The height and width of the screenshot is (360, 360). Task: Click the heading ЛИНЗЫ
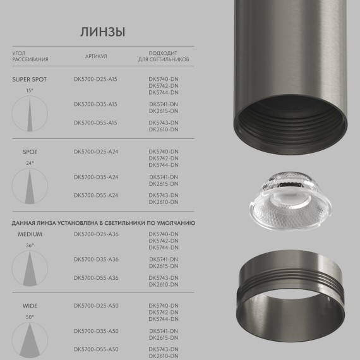point(102,32)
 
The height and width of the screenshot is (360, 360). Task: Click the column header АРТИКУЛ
point(96,56)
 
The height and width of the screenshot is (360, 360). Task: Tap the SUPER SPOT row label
point(30,80)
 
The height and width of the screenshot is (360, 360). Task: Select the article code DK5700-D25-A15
point(96,79)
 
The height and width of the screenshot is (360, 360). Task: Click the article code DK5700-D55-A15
point(96,123)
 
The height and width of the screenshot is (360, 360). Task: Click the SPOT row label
point(30,152)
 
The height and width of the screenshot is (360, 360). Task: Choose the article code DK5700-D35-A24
point(96,177)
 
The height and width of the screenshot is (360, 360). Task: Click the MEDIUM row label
point(30,234)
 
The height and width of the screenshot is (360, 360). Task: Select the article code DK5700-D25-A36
point(96,234)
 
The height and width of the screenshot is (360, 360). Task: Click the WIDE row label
point(30,306)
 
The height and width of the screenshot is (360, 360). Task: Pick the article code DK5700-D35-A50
point(96,331)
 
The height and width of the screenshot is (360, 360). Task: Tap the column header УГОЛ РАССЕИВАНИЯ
point(30,56)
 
